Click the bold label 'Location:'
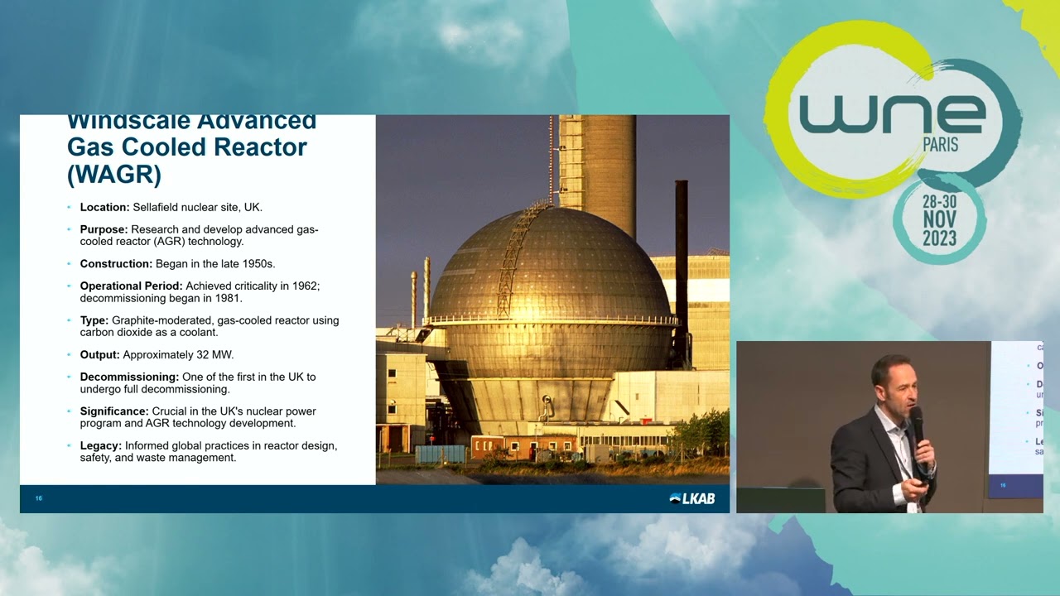(x=104, y=207)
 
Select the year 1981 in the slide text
(x=229, y=298)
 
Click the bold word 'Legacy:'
(x=100, y=445)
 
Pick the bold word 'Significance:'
(x=114, y=411)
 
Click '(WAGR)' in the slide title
(x=113, y=174)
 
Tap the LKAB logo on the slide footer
(x=691, y=498)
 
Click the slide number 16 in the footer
(x=39, y=498)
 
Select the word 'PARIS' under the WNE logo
(x=940, y=145)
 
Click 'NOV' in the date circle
(x=939, y=219)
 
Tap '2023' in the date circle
(x=939, y=240)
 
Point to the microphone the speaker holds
(x=918, y=425)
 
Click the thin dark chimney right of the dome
(x=682, y=265)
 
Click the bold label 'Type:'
(x=94, y=320)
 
